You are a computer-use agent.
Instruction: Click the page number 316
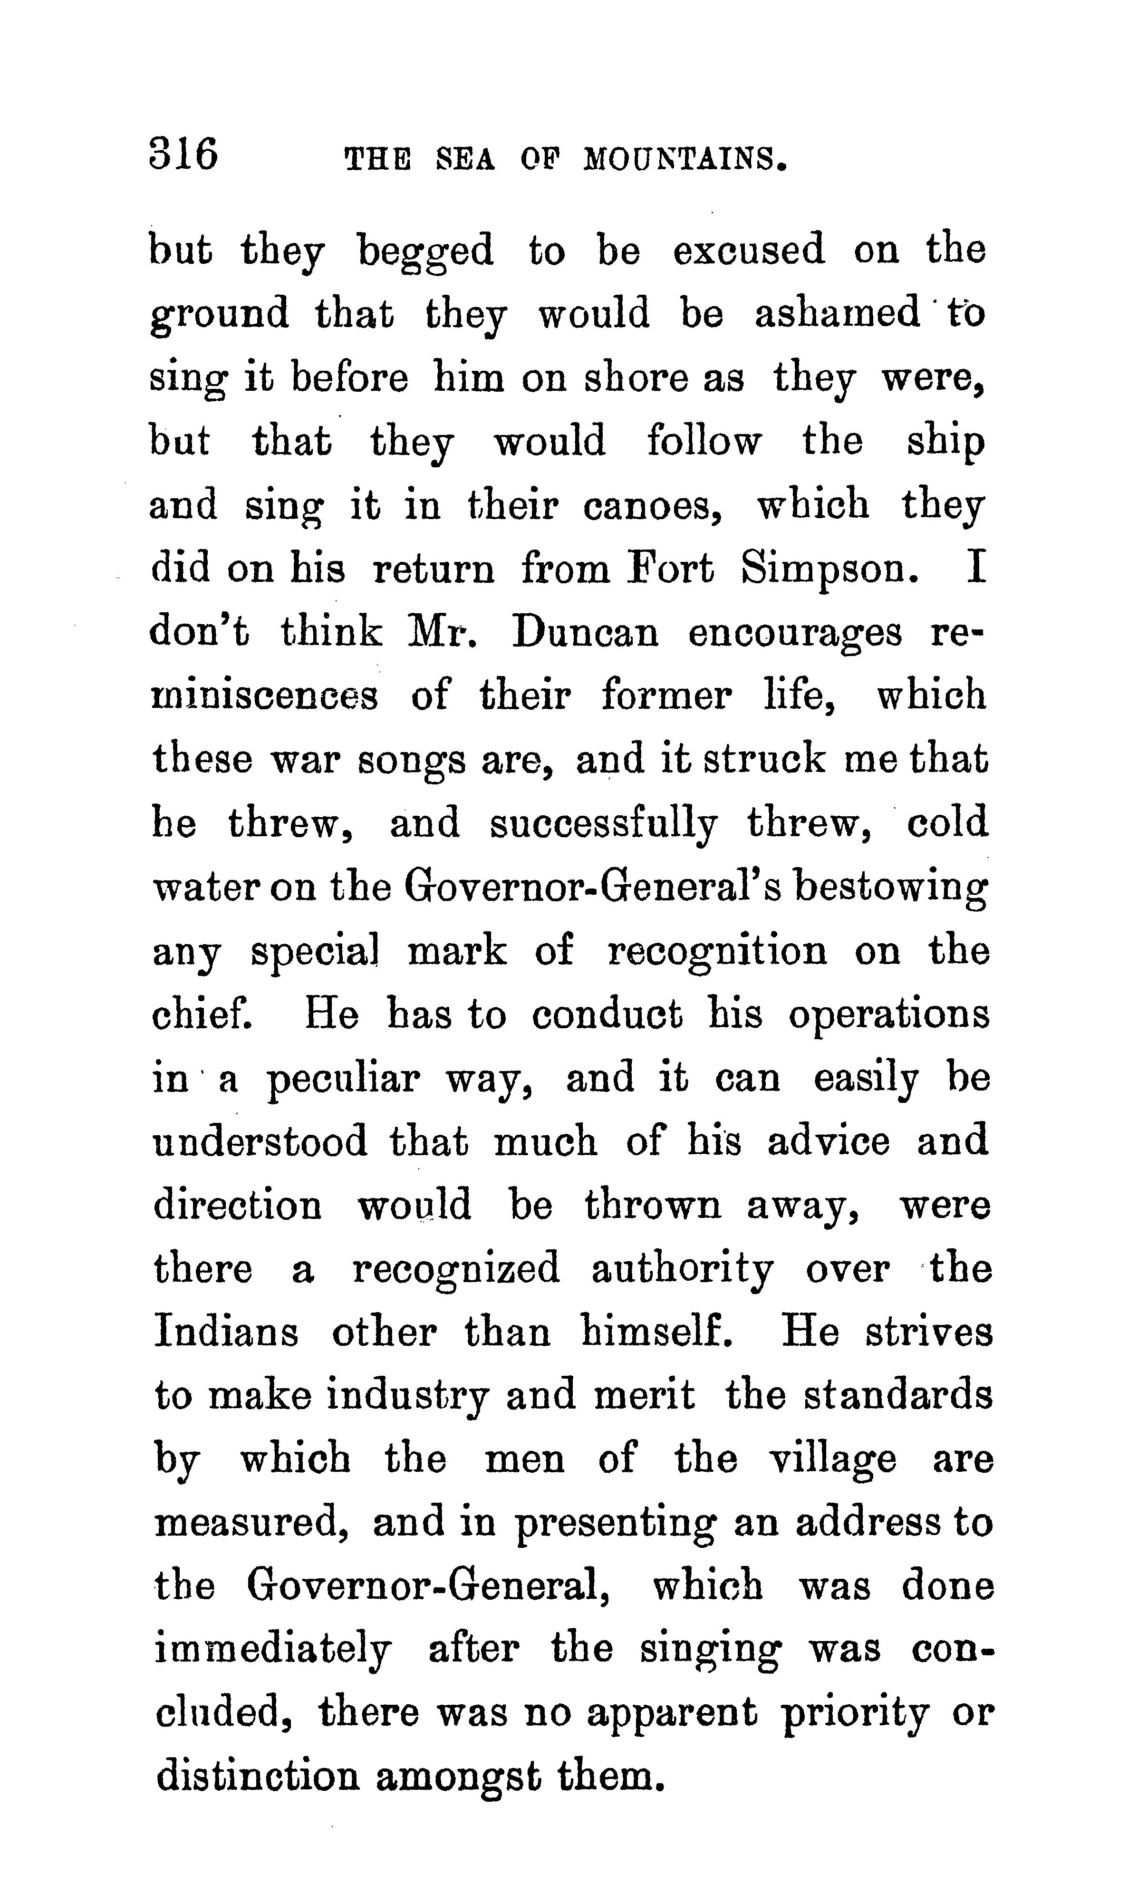[184, 155]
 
